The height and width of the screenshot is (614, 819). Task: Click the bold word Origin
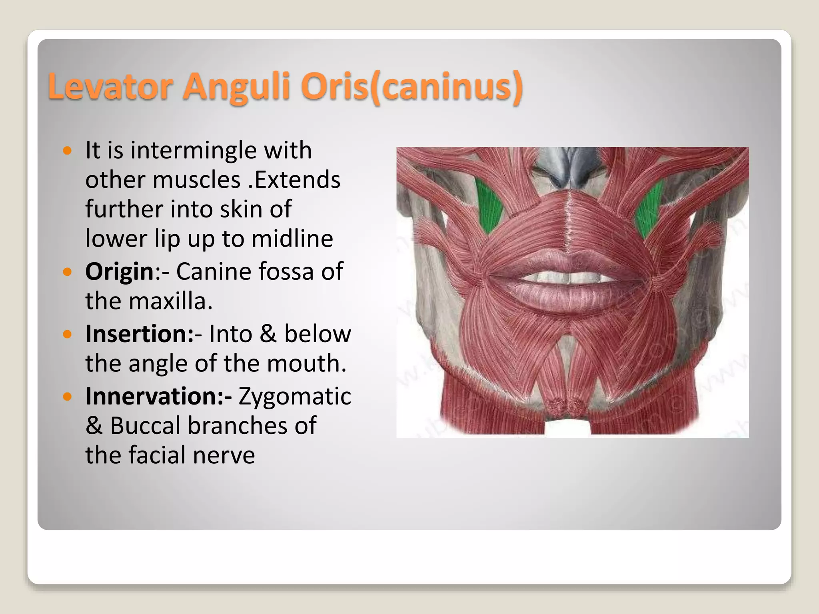point(120,272)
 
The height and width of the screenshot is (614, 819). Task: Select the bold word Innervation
point(158,396)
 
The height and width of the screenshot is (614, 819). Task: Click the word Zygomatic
point(295,396)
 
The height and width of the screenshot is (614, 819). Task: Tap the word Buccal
point(145,425)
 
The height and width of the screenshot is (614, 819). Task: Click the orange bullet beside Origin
point(68,273)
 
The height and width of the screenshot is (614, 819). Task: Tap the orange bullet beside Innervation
point(68,397)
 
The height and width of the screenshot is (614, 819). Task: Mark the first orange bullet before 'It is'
point(68,151)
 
